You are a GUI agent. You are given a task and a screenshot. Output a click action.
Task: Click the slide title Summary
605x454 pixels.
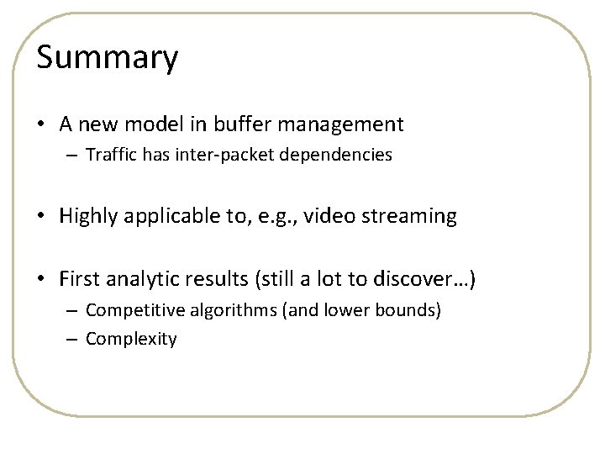[x=108, y=59]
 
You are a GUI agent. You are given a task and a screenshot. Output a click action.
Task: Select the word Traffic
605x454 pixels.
[x=112, y=156]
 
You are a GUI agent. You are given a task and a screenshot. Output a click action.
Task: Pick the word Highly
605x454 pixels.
[x=87, y=217]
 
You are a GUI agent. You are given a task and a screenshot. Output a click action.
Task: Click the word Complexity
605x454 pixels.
[x=131, y=340]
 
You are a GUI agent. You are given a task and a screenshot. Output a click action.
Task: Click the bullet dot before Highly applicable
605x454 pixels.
[x=42, y=217]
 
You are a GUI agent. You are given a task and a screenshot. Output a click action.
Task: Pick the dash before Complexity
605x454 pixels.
[x=73, y=340]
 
